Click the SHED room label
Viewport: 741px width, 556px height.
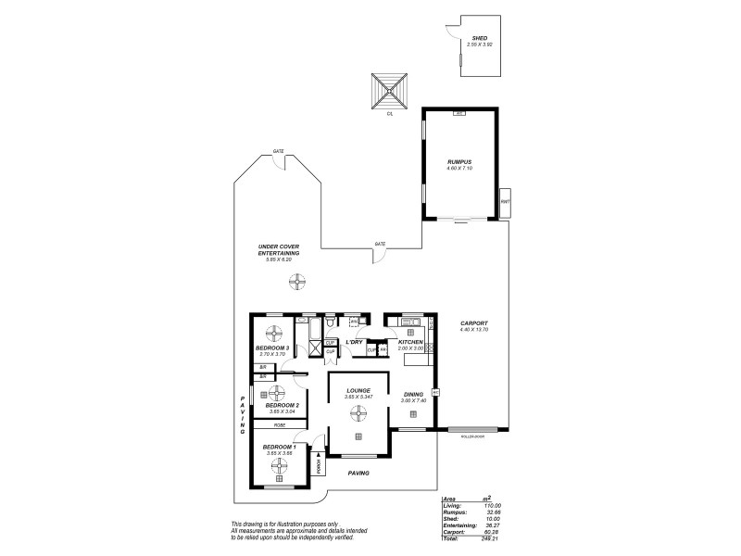(479, 38)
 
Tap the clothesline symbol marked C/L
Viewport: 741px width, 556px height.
(390, 91)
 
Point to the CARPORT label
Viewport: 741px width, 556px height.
(473, 323)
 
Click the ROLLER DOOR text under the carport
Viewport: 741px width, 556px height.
(471, 436)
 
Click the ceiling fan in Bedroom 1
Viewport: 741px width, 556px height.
(280, 469)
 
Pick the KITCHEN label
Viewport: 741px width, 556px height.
(410, 342)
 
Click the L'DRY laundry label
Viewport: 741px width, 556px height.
(353, 342)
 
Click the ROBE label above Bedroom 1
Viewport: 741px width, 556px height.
(279, 424)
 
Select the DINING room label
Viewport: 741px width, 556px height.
(413, 395)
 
